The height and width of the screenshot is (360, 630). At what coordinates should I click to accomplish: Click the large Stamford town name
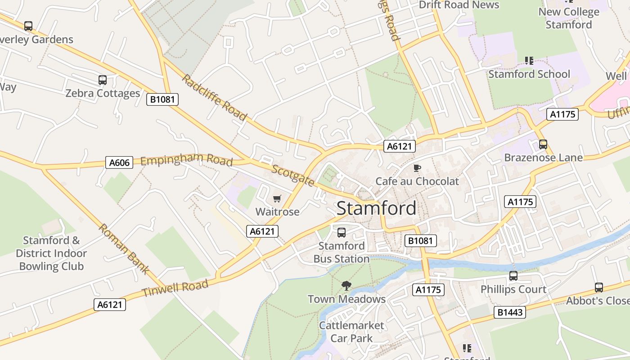[376, 208]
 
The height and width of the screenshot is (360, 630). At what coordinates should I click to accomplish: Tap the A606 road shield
[119, 162]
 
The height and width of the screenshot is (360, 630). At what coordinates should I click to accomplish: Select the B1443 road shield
[510, 312]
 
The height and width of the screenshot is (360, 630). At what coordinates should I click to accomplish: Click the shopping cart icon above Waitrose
[277, 198]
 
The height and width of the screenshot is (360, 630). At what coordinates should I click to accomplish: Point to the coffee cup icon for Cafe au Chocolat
[417, 168]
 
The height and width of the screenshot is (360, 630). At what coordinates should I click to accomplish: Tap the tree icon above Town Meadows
[346, 285]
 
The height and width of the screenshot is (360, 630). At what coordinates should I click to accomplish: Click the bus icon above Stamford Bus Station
[342, 233]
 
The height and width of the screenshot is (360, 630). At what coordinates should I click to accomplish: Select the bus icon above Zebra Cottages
[103, 80]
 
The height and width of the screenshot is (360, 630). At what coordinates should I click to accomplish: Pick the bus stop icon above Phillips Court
[513, 276]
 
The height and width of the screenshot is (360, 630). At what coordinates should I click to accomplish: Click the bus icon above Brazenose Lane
[543, 144]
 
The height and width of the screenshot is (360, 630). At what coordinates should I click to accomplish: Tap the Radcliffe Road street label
[214, 98]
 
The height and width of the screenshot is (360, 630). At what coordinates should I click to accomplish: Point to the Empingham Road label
[186, 160]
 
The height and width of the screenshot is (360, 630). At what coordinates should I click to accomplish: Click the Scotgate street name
[293, 175]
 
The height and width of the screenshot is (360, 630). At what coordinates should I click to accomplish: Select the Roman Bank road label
[123, 249]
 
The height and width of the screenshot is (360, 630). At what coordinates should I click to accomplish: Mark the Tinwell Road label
[175, 288]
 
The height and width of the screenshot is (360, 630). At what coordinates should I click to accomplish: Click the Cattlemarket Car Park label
[351, 332]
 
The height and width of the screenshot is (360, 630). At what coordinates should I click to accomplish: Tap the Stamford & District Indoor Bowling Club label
[51, 253]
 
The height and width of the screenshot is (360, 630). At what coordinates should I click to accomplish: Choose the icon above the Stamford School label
[529, 60]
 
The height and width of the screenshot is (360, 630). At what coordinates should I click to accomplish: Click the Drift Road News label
[459, 5]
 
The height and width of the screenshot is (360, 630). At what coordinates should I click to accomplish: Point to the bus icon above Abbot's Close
[598, 288]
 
